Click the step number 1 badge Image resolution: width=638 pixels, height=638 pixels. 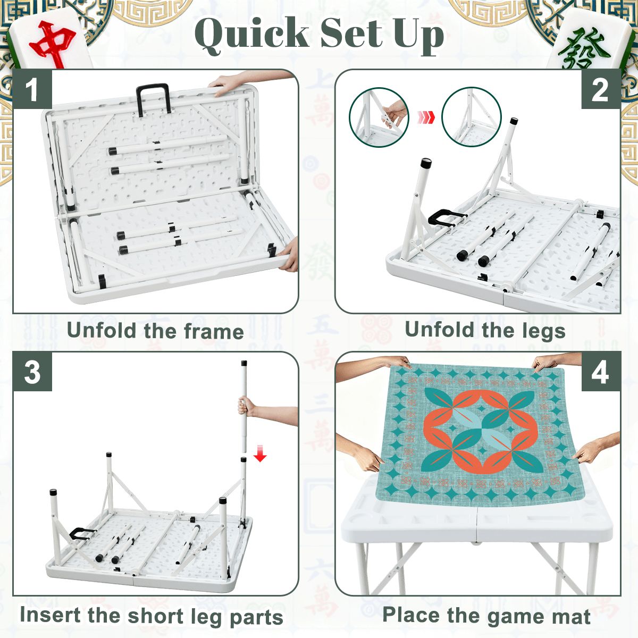[32, 89]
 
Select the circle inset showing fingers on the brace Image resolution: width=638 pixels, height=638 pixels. [379, 117]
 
